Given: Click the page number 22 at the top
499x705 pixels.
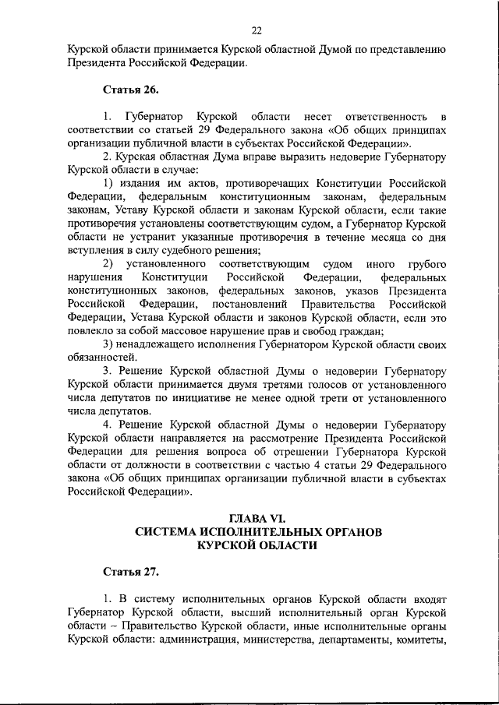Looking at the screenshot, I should point(257,30).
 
